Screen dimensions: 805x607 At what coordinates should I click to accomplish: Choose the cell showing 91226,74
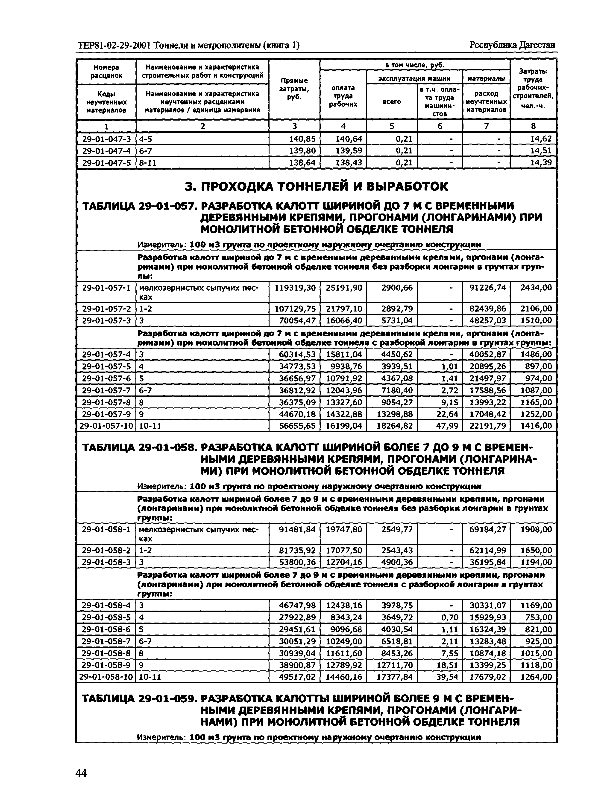pos(487,288)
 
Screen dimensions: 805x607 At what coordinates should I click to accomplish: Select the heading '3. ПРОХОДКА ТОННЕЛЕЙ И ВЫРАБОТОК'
pos(316,187)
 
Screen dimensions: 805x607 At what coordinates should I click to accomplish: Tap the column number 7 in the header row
pos(486,126)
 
